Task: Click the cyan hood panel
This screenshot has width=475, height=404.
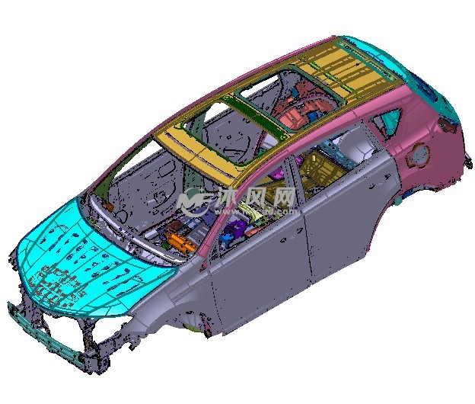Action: tap(91, 261)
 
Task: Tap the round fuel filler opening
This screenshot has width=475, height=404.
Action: tap(419, 155)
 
